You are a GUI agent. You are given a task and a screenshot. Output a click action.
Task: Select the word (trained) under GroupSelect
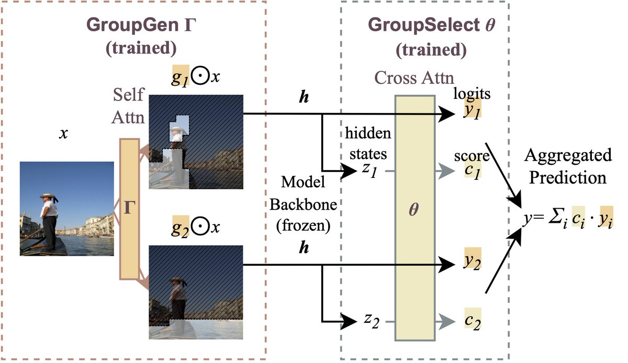tap(431, 50)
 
